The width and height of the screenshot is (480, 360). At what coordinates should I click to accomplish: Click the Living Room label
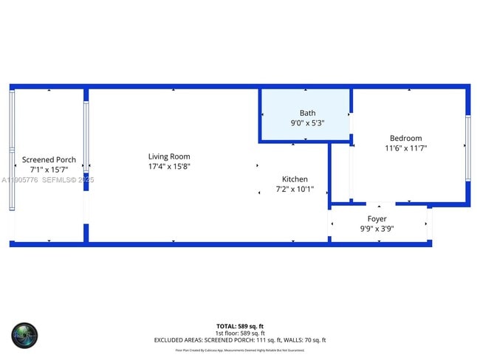pyautogui.click(x=169, y=156)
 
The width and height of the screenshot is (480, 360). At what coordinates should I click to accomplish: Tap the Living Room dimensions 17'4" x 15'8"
pyautogui.click(x=169, y=167)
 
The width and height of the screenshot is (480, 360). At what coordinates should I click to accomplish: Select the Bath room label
pyautogui.click(x=307, y=113)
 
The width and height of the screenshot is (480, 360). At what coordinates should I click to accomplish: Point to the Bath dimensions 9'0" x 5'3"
pyautogui.click(x=307, y=123)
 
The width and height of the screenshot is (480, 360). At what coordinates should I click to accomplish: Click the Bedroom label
pyautogui.click(x=405, y=138)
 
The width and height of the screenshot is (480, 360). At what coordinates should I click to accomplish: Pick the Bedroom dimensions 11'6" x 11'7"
pyautogui.click(x=405, y=148)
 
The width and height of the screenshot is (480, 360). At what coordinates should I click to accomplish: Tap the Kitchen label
pyautogui.click(x=295, y=179)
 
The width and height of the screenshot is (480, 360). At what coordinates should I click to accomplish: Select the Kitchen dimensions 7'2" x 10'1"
pyautogui.click(x=295, y=190)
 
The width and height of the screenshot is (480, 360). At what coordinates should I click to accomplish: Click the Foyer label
pyautogui.click(x=377, y=219)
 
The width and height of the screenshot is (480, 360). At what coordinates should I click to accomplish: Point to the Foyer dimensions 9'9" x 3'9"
pyautogui.click(x=377, y=229)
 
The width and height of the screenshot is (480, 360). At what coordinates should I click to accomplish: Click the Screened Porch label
pyautogui.click(x=49, y=159)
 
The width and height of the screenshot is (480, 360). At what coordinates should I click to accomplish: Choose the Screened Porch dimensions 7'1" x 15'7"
pyautogui.click(x=49, y=170)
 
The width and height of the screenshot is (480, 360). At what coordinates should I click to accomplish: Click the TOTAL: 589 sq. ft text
pyautogui.click(x=239, y=326)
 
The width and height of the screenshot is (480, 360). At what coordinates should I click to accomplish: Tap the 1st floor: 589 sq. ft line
pyautogui.click(x=239, y=333)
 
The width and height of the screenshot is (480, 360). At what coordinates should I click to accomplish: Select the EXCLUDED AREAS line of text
pyautogui.click(x=239, y=340)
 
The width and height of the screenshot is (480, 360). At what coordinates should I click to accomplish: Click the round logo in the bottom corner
pyautogui.click(x=24, y=336)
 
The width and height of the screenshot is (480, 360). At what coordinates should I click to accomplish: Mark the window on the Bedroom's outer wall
pyautogui.click(x=467, y=148)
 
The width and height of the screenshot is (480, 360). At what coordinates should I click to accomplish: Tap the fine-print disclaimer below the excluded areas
pyautogui.click(x=239, y=350)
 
